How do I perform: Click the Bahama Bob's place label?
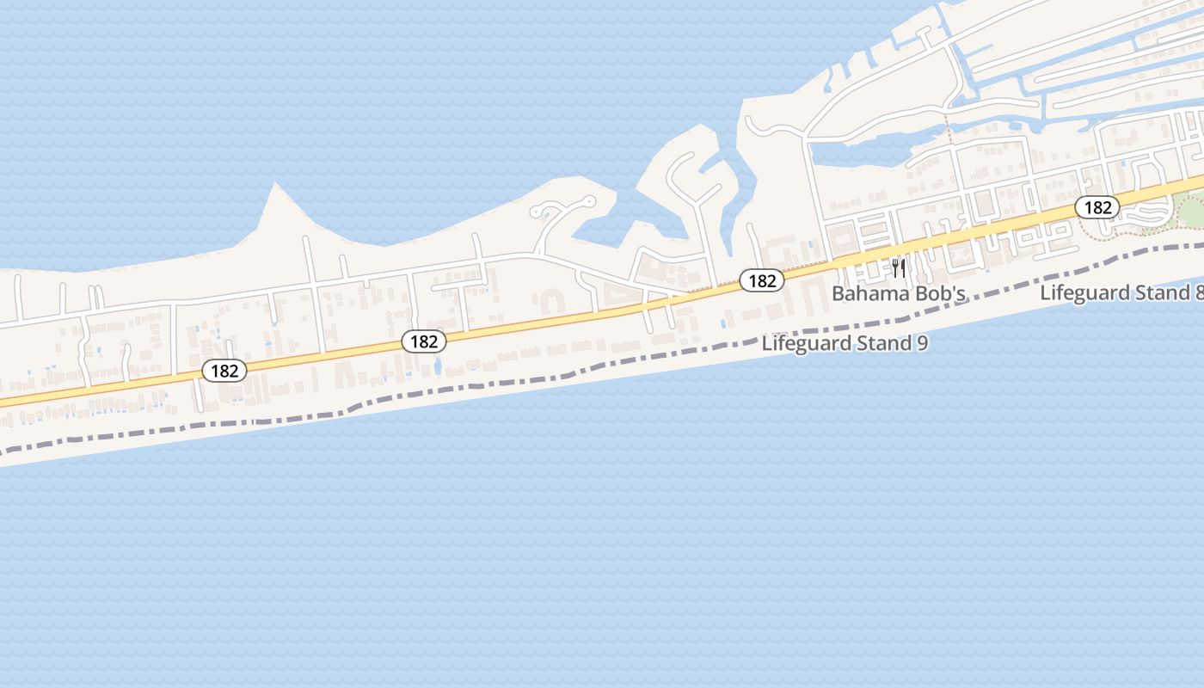pyautogui.click(x=899, y=294)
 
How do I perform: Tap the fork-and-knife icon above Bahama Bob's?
pyautogui.click(x=899, y=268)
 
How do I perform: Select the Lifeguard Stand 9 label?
pyautogui.click(x=845, y=344)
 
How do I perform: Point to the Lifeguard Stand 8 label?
pyautogui.click(x=1121, y=292)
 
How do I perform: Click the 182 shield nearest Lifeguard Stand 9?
pyautogui.click(x=761, y=280)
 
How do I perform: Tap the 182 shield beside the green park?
pyautogui.click(x=1097, y=207)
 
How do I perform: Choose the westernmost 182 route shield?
pyautogui.click(x=224, y=371)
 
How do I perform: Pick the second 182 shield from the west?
pyautogui.click(x=424, y=341)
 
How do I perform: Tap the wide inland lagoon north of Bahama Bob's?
pyautogui.click(x=860, y=153)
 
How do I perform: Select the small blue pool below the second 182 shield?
pyautogui.click(x=439, y=366)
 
